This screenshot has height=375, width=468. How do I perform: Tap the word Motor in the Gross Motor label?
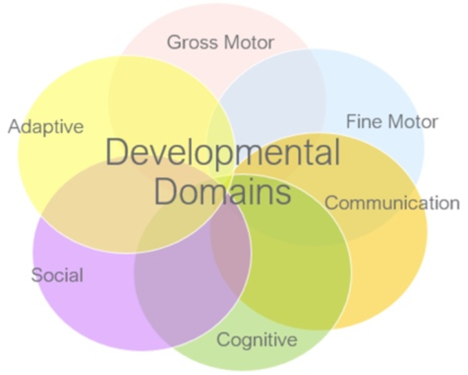[249, 43]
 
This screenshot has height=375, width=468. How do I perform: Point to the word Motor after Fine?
[412, 121]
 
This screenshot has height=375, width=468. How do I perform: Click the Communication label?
[392, 203]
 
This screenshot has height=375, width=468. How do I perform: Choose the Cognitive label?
[257, 340]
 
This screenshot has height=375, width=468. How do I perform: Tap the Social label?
[57, 276]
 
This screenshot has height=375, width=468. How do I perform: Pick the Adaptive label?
[46, 126]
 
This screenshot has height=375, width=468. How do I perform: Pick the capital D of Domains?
[166, 191]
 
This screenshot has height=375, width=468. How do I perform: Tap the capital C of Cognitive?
[223, 340]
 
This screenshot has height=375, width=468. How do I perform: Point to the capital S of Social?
[37, 276]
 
